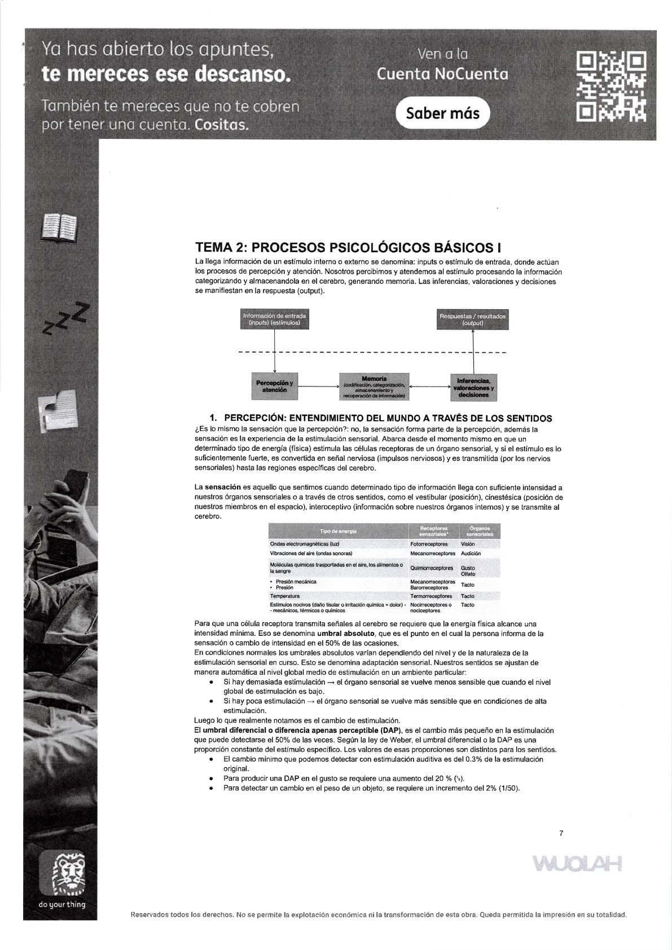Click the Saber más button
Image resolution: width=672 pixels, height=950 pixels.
[x=443, y=113]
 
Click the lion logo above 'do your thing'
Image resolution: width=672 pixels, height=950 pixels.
[x=62, y=874]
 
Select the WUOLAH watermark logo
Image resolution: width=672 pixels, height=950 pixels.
[x=576, y=863]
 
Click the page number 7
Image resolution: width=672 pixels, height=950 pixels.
[x=561, y=833]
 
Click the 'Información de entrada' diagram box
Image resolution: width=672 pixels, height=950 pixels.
[x=274, y=319]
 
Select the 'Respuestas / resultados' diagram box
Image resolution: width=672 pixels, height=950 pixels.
[x=472, y=319]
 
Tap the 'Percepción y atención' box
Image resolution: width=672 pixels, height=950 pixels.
[x=274, y=386]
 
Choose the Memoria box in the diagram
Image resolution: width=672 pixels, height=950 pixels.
[x=374, y=386]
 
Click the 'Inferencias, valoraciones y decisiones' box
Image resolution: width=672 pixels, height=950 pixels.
[x=473, y=387]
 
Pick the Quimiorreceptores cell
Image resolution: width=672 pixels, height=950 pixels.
[x=431, y=568]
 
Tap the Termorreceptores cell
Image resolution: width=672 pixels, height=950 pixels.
[x=431, y=596]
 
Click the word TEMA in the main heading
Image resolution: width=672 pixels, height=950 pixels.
[x=213, y=248]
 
